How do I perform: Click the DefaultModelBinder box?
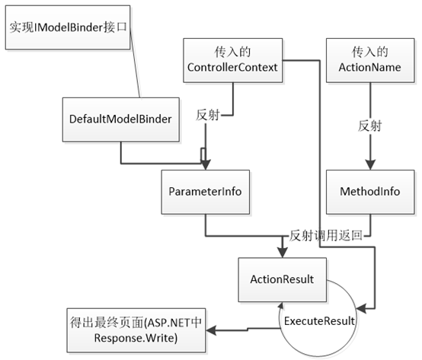click(x=121, y=119)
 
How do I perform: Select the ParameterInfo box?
click(x=206, y=192)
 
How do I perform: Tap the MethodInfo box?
click(x=370, y=192)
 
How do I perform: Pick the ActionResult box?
click(x=283, y=279)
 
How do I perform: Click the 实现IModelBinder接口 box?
click(x=68, y=27)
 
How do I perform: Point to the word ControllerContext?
click(x=232, y=67)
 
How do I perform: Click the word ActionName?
click(x=369, y=67)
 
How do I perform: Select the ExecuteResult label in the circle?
click(x=319, y=321)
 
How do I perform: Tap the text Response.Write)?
click(x=136, y=338)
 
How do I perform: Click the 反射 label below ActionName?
click(x=370, y=126)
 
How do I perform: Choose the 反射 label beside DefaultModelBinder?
click(x=208, y=115)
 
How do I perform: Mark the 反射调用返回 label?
click(x=326, y=236)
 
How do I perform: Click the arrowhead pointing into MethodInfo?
click(x=370, y=165)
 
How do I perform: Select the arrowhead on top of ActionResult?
click(x=283, y=253)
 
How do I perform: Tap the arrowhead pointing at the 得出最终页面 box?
click(x=211, y=330)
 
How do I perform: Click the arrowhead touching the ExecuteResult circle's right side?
click(x=361, y=309)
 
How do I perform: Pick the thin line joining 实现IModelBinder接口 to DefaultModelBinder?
click(x=135, y=64)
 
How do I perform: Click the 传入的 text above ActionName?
click(x=370, y=52)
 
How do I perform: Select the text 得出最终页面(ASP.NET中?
click(x=136, y=323)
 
